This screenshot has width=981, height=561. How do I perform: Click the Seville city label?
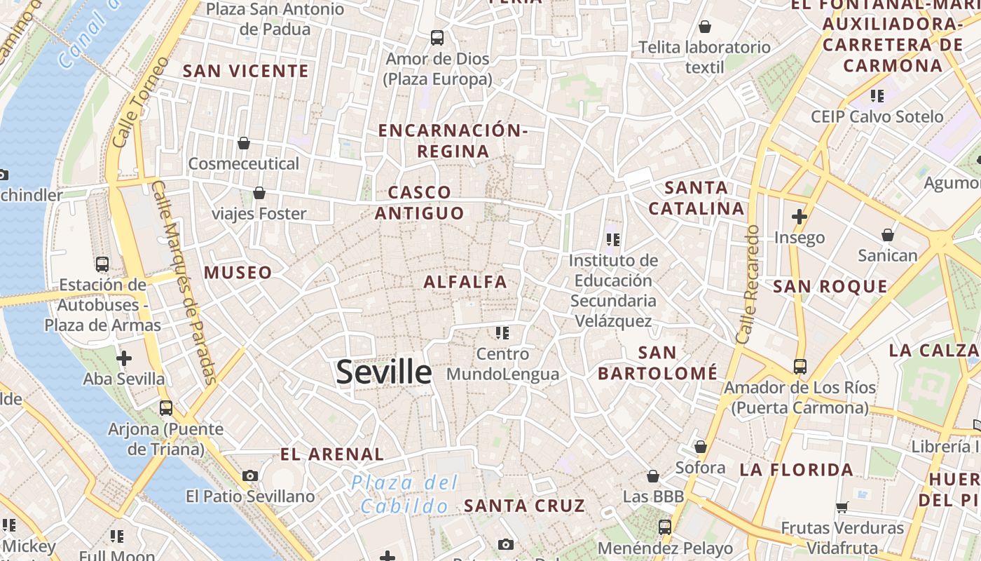point(383,372)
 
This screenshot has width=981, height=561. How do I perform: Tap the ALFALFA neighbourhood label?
point(465,282)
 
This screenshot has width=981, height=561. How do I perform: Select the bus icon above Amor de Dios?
point(437,37)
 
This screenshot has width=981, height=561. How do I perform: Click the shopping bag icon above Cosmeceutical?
point(244,143)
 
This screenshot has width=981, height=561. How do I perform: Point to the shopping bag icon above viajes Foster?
point(259,192)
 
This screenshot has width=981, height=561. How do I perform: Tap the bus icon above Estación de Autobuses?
point(102,264)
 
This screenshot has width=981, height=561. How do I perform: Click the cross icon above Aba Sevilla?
point(124,358)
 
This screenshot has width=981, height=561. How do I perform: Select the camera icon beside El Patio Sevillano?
point(250,475)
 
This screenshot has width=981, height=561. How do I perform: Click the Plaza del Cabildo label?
point(405,494)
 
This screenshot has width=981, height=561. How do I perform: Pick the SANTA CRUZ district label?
point(524,506)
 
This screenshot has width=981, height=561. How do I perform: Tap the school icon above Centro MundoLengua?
point(502,332)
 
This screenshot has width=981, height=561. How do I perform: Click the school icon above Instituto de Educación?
point(613,240)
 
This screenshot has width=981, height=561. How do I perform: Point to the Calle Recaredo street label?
point(748,284)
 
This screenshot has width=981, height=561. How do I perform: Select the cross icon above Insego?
point(800,217)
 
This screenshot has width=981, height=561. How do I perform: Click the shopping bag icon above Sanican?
point(888,235)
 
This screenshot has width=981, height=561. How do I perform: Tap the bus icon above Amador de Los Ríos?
point(800,366)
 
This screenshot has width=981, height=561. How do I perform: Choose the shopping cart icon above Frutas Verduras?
point(842,507)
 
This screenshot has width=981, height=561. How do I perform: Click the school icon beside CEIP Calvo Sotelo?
point(877,95)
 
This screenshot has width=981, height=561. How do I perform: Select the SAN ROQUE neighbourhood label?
point(830,286)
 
